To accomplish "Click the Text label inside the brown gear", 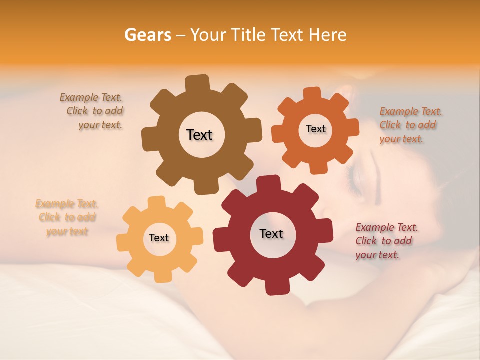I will click(x=199, y=135).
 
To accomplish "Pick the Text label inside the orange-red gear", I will click(x=315, y=129).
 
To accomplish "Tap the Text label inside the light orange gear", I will click(x=159, y=238).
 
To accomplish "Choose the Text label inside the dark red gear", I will click(x=271, y=233).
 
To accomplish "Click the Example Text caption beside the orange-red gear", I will click(x=410, y=125).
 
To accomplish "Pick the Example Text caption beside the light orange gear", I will click(x=67, y=217).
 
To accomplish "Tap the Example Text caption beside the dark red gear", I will click(x=386, y=241).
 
